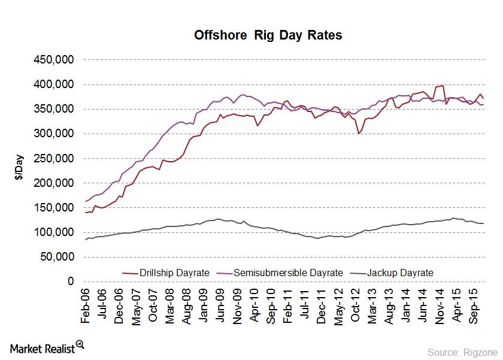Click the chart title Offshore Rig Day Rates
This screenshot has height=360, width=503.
268,35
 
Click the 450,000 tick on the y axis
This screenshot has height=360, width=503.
54,60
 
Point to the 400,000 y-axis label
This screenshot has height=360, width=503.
54,84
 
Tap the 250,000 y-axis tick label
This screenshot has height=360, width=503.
54,158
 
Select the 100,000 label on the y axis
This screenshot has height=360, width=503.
54,232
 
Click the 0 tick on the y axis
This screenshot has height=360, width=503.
71,281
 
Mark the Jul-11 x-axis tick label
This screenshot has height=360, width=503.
307,306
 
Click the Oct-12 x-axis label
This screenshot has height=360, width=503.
357,306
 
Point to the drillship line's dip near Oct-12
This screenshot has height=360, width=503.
358,133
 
